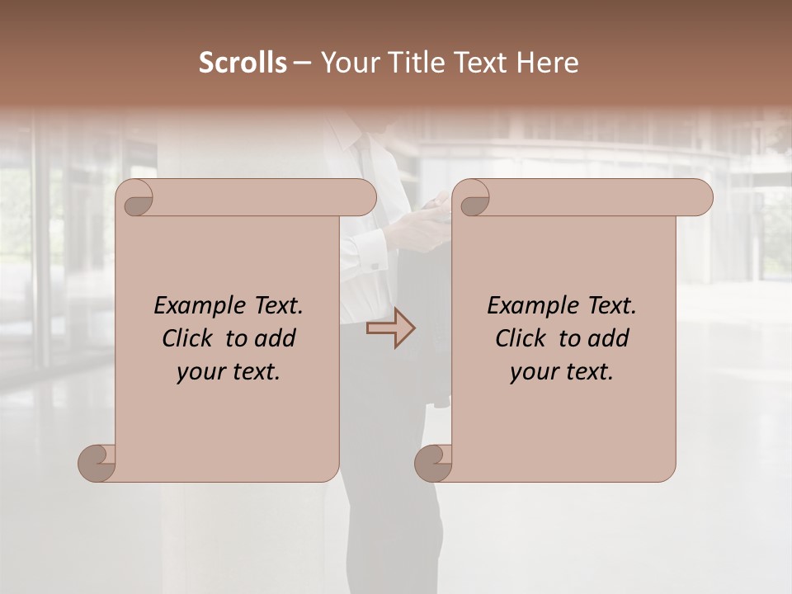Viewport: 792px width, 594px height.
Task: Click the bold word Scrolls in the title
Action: pos(243,63)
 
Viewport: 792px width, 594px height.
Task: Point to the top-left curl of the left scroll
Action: pos(138,198)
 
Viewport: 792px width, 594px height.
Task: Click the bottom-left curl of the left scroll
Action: pos(97,463)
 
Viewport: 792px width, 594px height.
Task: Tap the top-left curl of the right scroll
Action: pos(474,198)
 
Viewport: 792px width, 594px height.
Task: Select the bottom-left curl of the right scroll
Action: pos(433,463)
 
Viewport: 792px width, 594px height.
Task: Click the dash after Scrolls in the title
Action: pos(302,64)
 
